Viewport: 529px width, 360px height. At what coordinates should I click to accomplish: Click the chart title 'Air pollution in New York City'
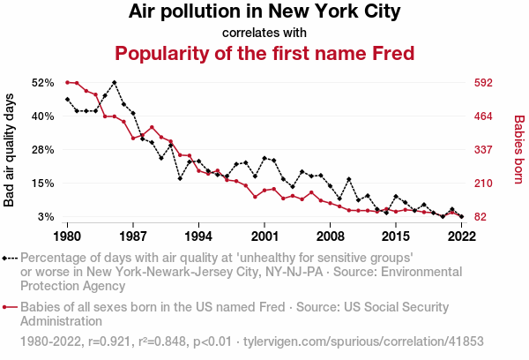[x=264, y=12]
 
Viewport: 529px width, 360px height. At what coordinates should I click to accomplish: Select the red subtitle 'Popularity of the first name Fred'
[x=264, y=53]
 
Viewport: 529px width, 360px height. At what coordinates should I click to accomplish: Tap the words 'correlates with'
[x=264, y=33]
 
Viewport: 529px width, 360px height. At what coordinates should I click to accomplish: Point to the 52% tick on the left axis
[x=43, y=83]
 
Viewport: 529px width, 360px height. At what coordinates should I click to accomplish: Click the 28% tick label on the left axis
[x=43, y=150]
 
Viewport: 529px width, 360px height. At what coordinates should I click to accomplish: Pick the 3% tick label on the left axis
[x=47, y=217]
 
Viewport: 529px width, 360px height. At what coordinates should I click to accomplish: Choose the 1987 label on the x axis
[x=133, y=236]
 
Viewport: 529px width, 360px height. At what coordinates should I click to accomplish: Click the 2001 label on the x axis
[x=264, y=236]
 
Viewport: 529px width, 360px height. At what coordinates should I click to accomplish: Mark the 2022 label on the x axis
[x=461, y=236]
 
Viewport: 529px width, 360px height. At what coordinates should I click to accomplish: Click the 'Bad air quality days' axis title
[x=11, y=150]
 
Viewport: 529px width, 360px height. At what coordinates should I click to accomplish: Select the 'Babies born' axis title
[x=518, y=150]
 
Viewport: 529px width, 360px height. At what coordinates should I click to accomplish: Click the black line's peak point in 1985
[x=115, y=82]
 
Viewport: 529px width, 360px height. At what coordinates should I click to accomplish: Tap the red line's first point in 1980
[x=68, y=82]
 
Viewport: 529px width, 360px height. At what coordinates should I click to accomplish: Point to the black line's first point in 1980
[x=68, y=99]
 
